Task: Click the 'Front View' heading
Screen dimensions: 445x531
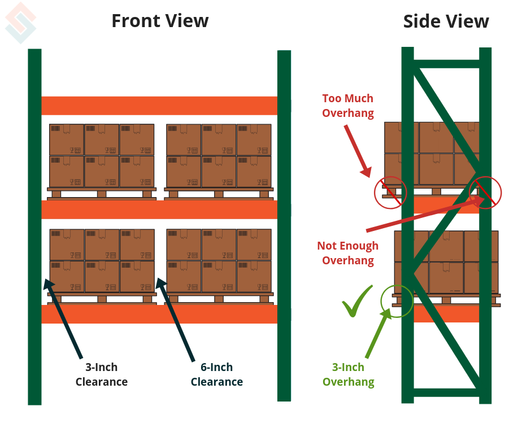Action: pos(160,21)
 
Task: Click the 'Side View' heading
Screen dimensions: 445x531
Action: pos(446,21)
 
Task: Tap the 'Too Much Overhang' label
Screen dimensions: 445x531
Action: pos(348,106)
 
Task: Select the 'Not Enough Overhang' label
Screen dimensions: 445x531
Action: pos(348,253)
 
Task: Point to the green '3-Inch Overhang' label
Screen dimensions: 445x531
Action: pos(348,374)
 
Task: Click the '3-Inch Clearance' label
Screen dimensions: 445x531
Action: pos(102,374)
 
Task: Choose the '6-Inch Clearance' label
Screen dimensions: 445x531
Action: pos(216,374)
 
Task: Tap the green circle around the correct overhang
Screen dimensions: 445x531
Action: pos(397,300)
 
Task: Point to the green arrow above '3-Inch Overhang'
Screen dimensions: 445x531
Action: pos(378,333)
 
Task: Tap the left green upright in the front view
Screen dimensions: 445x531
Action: pos(34,226)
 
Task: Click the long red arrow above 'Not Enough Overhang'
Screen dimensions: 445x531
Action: pos(424,214)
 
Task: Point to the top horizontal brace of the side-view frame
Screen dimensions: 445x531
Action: pos(446,64)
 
